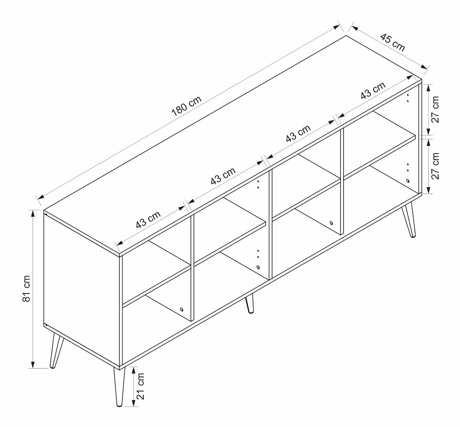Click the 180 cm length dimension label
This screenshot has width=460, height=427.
point(187,106)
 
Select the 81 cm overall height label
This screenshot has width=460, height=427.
point(26,289)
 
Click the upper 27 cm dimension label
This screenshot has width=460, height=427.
point(435,109)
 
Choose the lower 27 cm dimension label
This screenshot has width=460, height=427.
point(435,166)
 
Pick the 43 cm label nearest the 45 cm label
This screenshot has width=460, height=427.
point(373,90)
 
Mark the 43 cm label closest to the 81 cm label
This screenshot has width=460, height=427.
point(148,220)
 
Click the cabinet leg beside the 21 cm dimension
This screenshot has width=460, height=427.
point(119,386)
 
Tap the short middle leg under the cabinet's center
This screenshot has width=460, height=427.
point(250,303)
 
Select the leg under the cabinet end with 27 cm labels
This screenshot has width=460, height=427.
point(409,220)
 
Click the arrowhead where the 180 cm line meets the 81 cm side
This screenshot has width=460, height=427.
point(41,197)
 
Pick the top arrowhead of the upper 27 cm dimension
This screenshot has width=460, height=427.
point(429,88)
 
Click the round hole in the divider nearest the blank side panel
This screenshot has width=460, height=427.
point(182,309)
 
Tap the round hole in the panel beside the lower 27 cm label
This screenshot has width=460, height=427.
point(408,180)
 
